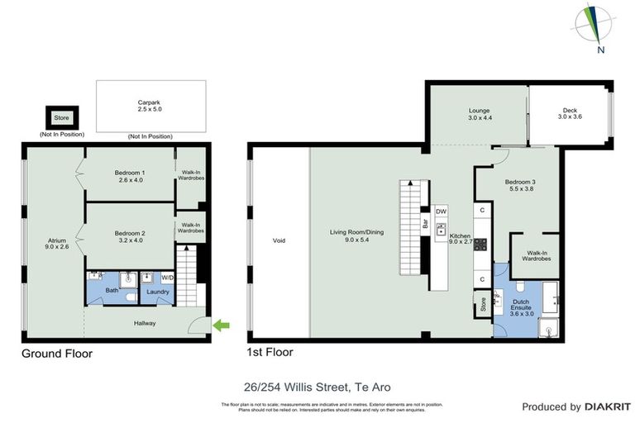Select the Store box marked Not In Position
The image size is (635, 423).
click(x=61, y=118)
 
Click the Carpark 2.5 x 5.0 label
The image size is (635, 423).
click(x=150, y=105)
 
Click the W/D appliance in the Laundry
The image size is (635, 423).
click(x=168, y=277)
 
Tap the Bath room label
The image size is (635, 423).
click(x=112, y=291)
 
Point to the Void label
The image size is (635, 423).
click(x=279, y=241)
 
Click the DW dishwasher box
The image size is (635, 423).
click(x=441, y=211)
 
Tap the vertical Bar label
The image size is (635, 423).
click(x=425, y=224)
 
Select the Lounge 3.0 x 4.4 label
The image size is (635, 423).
click(x=480, y=114)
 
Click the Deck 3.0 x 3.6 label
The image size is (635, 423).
click(x=570, y=114)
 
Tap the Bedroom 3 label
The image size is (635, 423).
click(x=522, y=185)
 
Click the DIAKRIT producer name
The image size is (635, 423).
click(x=608, y=406)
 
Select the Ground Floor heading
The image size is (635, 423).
click(x=56, y=354)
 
